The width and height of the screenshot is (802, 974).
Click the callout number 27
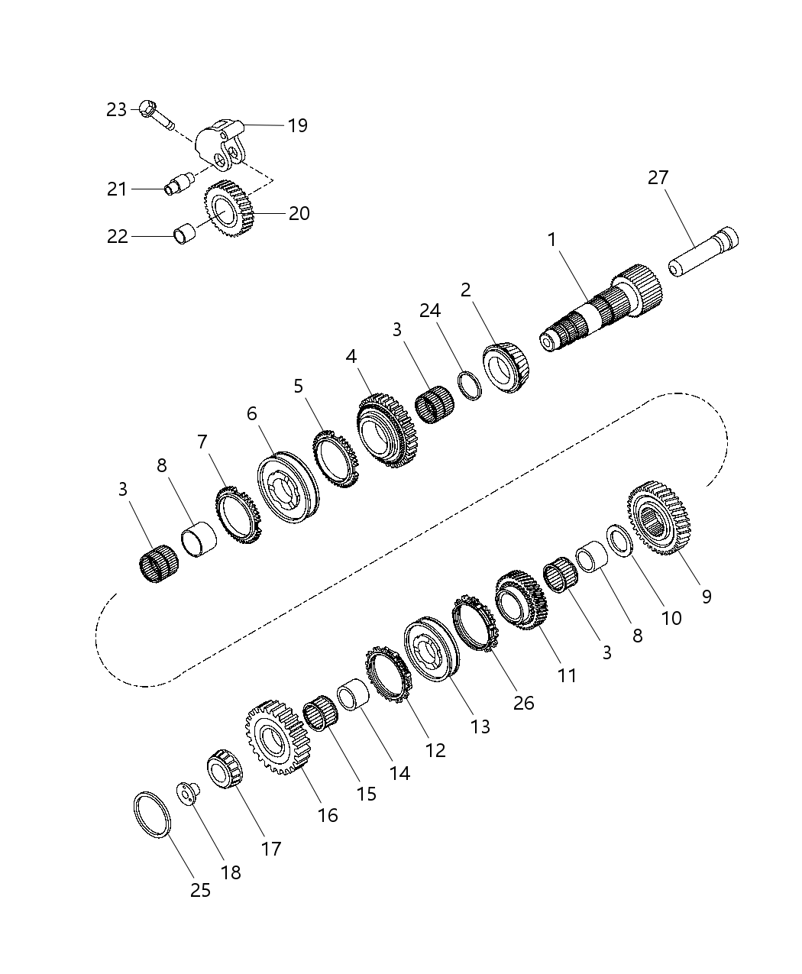[x=658, y=177]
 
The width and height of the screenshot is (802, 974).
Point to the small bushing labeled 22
[x=183, y=234]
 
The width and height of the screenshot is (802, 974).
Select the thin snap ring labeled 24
[x=470, y=385]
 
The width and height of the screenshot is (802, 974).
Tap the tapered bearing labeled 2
[x=506, y=370]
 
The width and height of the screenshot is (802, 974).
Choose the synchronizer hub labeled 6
[x=286, y=489]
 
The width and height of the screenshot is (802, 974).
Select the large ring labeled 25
[x=151, y=816]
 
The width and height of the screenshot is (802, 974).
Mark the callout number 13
[x=480, y=726]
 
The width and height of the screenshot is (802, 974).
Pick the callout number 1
[x=551, y=240]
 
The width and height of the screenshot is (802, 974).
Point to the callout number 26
[x=523, y=703]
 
